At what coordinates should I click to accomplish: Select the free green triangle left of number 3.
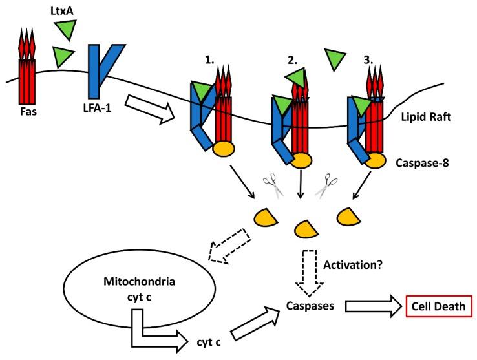[336, 60]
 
